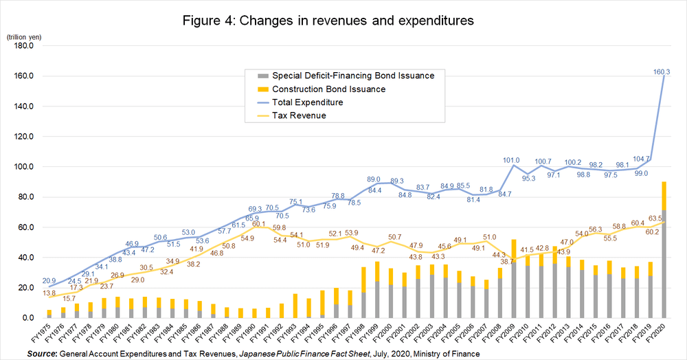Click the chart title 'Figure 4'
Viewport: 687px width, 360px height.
(328, 21)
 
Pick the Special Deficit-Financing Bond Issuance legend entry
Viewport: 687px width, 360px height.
(353, 75)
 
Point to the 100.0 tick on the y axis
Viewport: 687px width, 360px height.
(23, 167)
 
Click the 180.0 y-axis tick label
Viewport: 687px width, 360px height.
(23, 46)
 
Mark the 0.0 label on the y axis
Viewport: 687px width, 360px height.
(27, 318)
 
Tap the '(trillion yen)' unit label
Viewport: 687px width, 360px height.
(25, 36)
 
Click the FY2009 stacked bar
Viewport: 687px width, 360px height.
(515, 279)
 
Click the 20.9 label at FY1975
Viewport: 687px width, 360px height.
(49, 281)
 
